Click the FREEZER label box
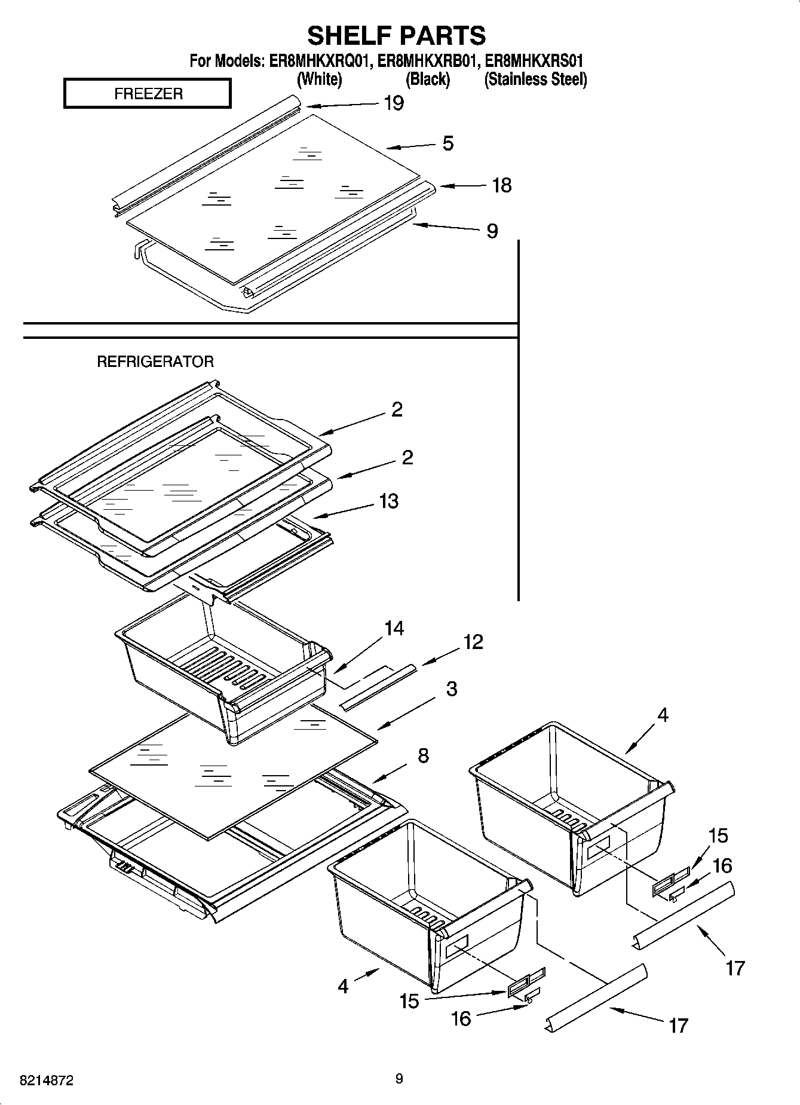[148, 94]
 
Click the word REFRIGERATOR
[155, 362]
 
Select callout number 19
[393, 103]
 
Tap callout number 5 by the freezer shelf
[447, 143]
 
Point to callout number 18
[501, 185]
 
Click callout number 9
[492, 231]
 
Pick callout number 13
[388, 501]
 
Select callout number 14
[394, 628]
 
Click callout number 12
[473, 642]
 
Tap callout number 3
[452, 688]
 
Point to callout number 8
[423, 756]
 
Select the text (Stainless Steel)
[535, 79]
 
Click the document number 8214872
[47, 1080]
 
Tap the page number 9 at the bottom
[399, 1079]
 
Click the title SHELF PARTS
[396, 35]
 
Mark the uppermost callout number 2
[397, 409]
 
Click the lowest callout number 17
[678, 1026]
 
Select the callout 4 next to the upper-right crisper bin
[663, 715]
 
